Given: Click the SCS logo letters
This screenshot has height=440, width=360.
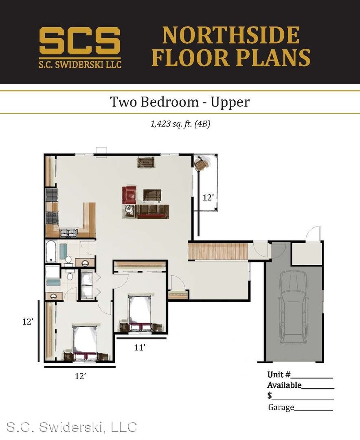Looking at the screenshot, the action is [x=80, y=41].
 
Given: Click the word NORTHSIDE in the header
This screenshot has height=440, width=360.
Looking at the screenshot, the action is [x=230, y=35].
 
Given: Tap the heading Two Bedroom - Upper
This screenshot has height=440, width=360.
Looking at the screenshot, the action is [x=180, y=101].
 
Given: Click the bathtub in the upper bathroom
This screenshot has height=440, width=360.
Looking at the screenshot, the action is [x=52, y=251].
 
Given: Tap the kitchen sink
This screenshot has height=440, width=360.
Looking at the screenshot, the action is [x=68, y=233].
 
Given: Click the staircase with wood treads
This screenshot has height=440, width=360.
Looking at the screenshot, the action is [x=218, y=251].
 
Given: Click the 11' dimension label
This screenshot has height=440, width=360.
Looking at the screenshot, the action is [x=139, y=348].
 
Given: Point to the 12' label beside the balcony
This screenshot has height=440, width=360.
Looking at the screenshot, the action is [x=208, y=198].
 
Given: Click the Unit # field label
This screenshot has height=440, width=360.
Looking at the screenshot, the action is [x=279, y=374].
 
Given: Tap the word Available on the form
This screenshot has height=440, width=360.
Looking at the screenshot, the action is [x=284, y=385].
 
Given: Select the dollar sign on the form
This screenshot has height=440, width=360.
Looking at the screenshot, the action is [x=270, y=395].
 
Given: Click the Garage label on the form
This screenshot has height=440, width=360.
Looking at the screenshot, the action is [x=281, y=407].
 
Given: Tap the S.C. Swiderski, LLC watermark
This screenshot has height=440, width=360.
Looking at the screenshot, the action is [x=71, y=427].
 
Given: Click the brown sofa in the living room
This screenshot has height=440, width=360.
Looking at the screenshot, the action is [x=153, y=211].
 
